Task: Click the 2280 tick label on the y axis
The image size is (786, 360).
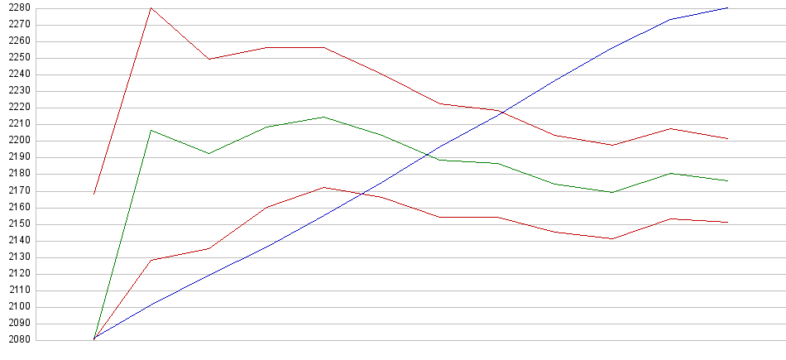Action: coord(19,8)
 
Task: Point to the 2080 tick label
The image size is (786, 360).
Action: coord(19,340)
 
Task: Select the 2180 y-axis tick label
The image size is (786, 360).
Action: coord(19,174)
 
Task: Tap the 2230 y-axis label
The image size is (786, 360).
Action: coord(19,91)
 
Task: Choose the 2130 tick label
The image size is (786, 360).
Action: coord(19,257)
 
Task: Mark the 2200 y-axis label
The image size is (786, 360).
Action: coord(19,141)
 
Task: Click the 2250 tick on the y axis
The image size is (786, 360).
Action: coord(19,58)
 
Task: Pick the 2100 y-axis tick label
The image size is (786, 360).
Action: coord(19,307)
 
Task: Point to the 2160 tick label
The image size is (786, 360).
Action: coord(19,208)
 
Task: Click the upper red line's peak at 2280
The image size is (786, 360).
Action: coord(151,8)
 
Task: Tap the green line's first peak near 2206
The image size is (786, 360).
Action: coord(151,130)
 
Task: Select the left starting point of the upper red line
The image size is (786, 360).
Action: coord(94,194)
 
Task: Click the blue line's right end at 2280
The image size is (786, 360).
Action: coord(727,8)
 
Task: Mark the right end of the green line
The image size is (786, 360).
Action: coord(727,180)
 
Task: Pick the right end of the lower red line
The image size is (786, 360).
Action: coord(727,222)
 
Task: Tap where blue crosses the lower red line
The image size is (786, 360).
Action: coord(362,193)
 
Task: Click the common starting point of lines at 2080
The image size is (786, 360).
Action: coord(94,339)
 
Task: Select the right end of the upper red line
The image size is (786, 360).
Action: coord(727,138)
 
